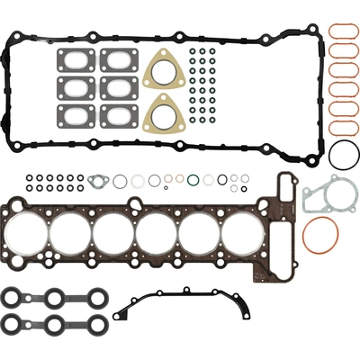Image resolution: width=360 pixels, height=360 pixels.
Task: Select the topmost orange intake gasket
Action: coord(342,32)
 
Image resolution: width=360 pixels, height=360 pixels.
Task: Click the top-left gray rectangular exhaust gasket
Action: coord(76,59)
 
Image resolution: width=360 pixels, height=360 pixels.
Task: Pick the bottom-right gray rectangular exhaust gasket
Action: coord(119,115)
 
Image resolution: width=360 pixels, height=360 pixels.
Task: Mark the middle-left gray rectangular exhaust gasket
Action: coord(76,87)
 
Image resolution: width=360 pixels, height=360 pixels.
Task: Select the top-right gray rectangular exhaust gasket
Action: coord(119,59)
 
